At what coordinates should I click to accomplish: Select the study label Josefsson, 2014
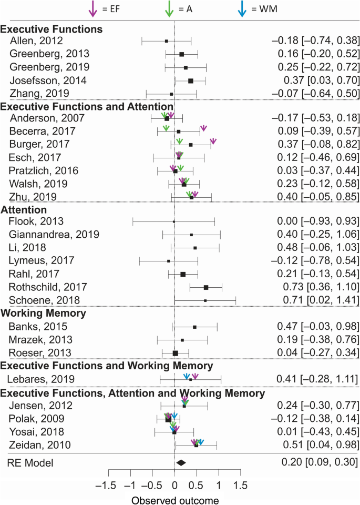point(48,80)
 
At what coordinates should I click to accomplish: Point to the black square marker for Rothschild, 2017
point(206,287)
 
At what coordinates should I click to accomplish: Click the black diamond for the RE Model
point(181,462)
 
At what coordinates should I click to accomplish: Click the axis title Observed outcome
point(174,500)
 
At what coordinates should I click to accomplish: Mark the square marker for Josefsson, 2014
point(191,80)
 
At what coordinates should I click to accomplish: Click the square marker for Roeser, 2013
point(176,353)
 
